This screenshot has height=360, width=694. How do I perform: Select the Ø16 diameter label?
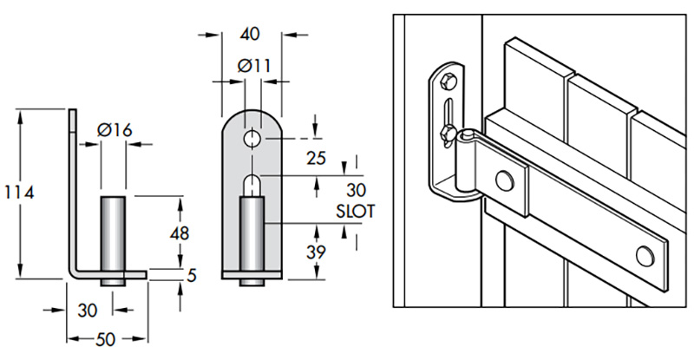(115, 130)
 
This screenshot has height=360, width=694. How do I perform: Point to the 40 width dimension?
(250, 35)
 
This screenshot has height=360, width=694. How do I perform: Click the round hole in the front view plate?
(251, 139)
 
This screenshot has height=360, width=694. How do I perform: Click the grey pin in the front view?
(251, 234)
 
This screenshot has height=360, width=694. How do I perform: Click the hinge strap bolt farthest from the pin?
(644, 254)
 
